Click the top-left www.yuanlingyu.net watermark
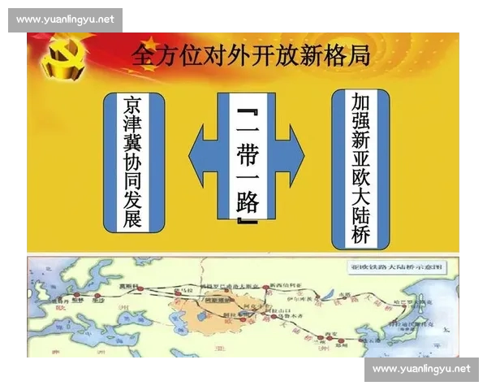coord(65,20)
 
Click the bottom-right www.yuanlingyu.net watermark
coord(421,369)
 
